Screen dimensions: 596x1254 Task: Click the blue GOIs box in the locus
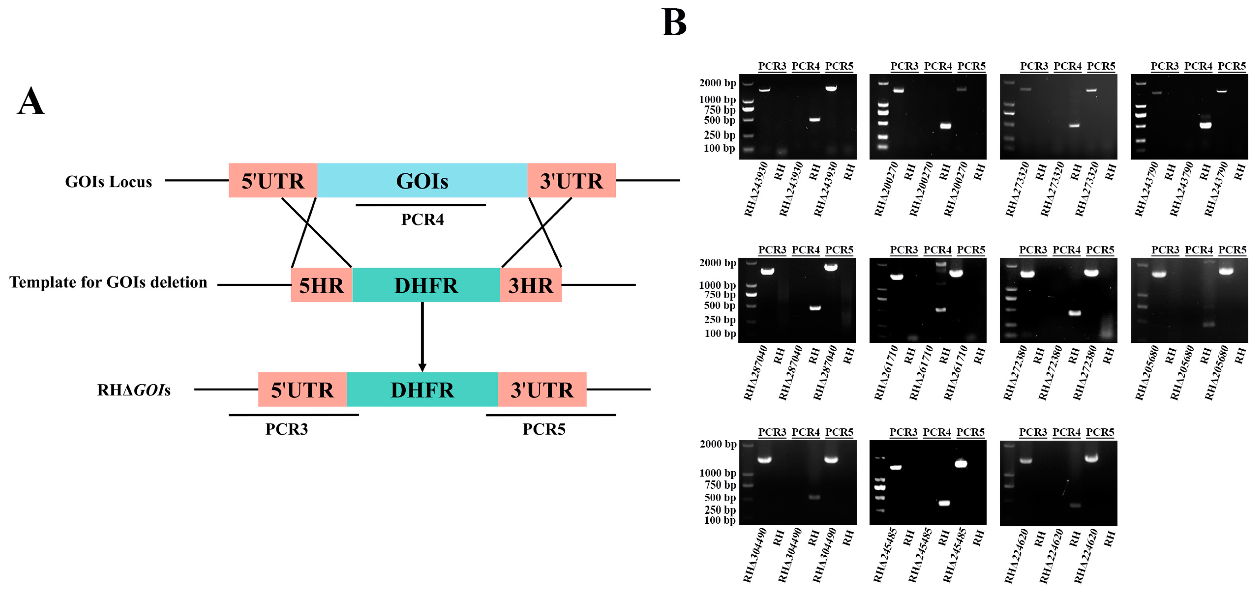coord(422,181)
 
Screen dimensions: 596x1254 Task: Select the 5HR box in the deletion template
coord(321,285)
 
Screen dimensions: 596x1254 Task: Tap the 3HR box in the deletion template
coord(531,285)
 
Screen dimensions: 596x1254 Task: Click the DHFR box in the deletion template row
coord(426,285)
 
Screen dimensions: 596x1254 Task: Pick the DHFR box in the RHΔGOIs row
coord(422,390)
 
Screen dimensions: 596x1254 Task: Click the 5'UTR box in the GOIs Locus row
coord(272,181)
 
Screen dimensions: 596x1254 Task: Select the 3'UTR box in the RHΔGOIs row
coord(542,390)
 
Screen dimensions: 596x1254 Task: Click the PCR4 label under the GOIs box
coord(422,220)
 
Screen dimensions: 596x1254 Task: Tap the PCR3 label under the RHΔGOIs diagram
coord(286,429)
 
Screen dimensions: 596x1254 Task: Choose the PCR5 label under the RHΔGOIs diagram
coord(544,429)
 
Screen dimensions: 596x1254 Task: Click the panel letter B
coord(674,23)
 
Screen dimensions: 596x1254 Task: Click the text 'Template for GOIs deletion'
coord(108,282)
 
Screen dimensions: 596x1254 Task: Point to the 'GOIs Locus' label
coord(109,182)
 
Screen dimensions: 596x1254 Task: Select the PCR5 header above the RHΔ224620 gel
coord(1100,432)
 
